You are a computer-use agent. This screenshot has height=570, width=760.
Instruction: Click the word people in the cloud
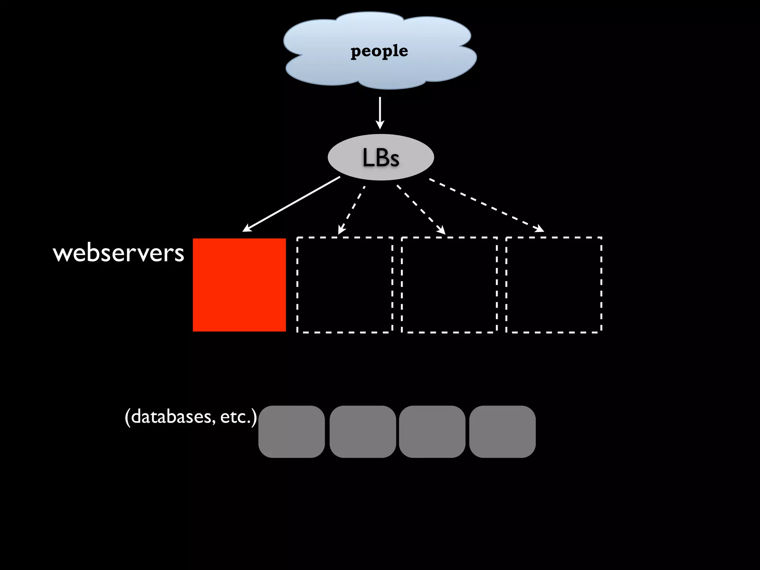pyautogui.click(x=379, y=51)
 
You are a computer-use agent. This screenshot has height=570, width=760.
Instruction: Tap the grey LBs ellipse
pyautogui.click(x=381, y=157)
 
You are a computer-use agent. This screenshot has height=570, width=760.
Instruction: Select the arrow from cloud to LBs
pyautogui.click(x=380, y=111)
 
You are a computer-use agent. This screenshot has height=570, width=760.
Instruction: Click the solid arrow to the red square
pyautogui.click(x=291, y=204)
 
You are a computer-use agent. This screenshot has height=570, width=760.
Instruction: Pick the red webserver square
pyautogui.click(x=239, y=285)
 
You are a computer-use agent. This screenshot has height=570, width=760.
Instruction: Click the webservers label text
pyautogui.click(x=119, y=253)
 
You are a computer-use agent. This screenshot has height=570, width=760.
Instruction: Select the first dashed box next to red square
pyautogui.click(x=345, y=285)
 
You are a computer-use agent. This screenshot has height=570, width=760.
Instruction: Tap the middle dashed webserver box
pyautogui.click(x=449, y=285)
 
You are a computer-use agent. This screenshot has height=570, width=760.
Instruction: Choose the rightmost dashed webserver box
pyautogui.click(x=554, y=285)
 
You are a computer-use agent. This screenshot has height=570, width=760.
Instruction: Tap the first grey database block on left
pyautogui.click(x=292, y=432)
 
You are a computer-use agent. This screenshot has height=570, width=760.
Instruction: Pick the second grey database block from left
pyautogui.click(x=363, y=432)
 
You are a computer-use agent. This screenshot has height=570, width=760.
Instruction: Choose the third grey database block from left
pyautogui.click(x=432, y=432)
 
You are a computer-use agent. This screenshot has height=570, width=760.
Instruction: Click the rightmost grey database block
pyautogui.click(x=502, y=432)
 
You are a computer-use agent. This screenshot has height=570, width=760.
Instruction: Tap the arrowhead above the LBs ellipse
pyautogui.click(x=380, y=125)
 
